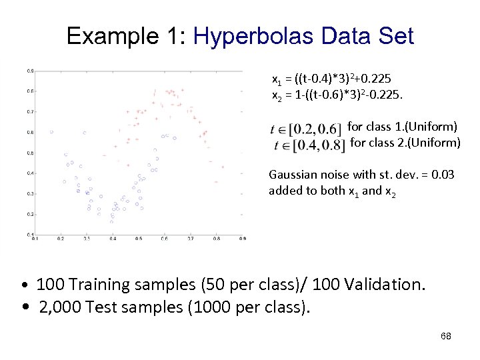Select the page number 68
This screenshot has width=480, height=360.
tap(446, 336)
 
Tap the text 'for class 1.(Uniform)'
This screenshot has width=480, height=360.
tap(403, 126)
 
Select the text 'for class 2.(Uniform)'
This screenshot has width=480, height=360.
tap(405, 142)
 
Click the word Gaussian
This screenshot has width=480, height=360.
tap(291, 175)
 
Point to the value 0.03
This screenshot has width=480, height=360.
tap(442, 175)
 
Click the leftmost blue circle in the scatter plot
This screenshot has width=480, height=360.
tap(51, 132)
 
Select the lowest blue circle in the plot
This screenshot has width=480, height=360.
tap(112, 221)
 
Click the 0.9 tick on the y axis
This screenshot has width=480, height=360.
tap(31, 70)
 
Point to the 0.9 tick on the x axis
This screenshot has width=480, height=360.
tap(243, 238)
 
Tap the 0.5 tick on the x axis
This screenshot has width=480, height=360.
tap(138, 238)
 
